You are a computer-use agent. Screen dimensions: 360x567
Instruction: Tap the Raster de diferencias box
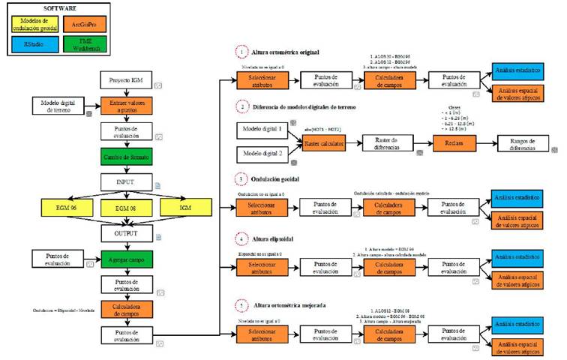(x=389, y=144)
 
